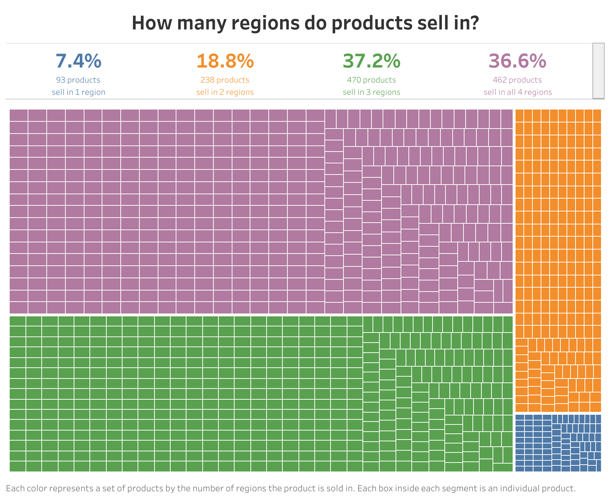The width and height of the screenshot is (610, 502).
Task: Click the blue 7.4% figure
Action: [x=78, y=61]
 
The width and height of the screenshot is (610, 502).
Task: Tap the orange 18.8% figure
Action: [x=225, y=61]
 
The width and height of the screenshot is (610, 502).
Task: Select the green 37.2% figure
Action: [x=371, y=61]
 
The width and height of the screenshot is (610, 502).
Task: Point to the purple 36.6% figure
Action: [x=517, y=61]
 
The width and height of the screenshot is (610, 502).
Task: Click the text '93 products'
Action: [x=78, y=80]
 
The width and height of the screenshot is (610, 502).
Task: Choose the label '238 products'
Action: [x=225, y=80]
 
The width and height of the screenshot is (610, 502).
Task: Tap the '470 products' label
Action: [x=371, y=80]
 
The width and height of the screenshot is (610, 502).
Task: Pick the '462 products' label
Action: [x=517, y=80]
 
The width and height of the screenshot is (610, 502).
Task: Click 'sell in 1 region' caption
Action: [x=78, y=92]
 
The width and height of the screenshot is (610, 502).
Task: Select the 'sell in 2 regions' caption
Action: [x=225, y=92]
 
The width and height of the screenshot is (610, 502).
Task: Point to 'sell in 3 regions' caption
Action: [x=371, y=92]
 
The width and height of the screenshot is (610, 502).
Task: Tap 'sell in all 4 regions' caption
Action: [x=517, y=92]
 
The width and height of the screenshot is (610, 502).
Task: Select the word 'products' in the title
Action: [x=371, y=23]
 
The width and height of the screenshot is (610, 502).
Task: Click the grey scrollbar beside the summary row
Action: [x=598, y=71]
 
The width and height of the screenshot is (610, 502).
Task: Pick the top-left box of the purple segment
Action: [x=19, y=115]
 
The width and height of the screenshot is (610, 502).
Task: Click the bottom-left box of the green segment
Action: [x=18, y=466]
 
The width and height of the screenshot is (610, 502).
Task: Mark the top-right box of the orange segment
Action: [x=597, y=116]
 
